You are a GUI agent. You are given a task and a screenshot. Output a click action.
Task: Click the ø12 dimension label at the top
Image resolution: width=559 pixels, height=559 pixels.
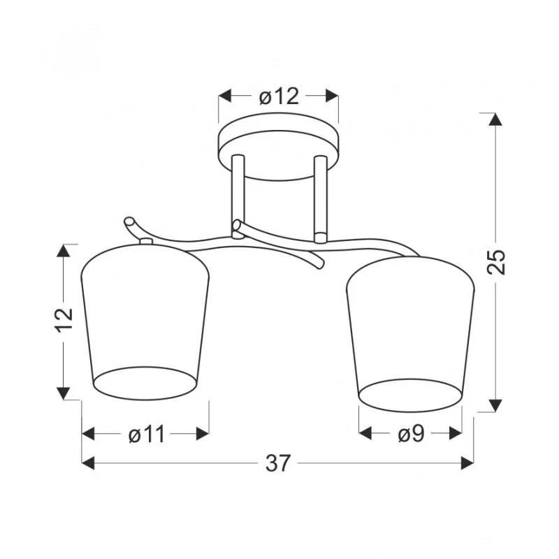click(x=279, y=96)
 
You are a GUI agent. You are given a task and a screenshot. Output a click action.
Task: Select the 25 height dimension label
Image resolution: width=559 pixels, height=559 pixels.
click(x=496, y=261)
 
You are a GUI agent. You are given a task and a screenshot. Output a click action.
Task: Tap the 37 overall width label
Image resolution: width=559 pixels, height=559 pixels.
click(x=277, y=463)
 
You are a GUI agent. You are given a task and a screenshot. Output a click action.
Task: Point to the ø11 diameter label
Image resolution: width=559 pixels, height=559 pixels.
click(x=147, y=434)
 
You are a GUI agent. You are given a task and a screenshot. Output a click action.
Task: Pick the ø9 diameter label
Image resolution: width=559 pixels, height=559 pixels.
click(x=411, y=434)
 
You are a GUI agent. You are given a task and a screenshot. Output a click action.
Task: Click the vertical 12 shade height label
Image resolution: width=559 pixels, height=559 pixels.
click(x=64, y=319)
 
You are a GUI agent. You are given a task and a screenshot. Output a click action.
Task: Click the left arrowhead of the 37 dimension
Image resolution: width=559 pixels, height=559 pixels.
click(x=89, y=463)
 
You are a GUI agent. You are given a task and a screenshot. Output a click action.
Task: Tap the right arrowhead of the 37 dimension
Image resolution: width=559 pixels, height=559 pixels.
click(x=467, y=463)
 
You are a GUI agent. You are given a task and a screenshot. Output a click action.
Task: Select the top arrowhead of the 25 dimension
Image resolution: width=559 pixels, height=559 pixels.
click(x=495, y=119)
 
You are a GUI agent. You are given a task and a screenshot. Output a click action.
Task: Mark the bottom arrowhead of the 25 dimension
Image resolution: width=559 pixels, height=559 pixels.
click(x=495, y=406)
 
